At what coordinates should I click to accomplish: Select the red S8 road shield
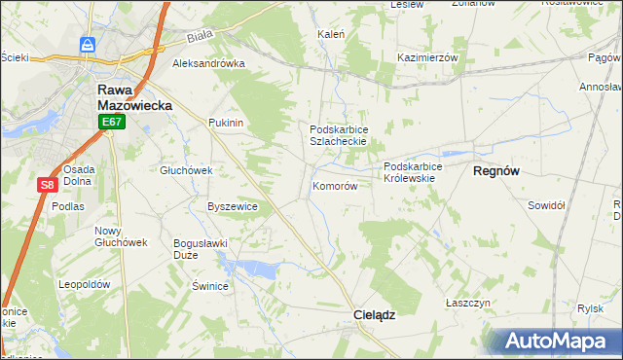click(47, 184)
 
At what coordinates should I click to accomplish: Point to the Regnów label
click(496, 170)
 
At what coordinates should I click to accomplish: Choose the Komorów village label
click(335, 186)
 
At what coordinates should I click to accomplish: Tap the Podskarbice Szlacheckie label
click(338, 135)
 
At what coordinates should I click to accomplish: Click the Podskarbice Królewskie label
click(413, 173)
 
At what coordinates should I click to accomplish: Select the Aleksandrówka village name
click(208, 64)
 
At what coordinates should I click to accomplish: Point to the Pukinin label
click(225, 124)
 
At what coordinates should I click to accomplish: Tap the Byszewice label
click(233, 206)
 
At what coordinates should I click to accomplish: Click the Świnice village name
click(209, 286)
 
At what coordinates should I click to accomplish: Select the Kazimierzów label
click(427, 57)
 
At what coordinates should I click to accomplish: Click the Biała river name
click(200, 39)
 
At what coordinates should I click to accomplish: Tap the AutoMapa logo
click(553, 342)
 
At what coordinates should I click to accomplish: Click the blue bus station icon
click(88, 45)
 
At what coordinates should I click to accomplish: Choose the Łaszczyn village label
click(466, 303)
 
